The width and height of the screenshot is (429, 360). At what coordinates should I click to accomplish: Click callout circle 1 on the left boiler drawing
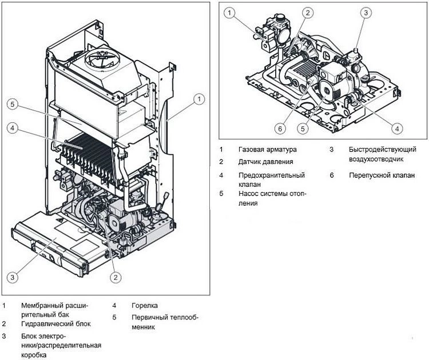tap(198, 99)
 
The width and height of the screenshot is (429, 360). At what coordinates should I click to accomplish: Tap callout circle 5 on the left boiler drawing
tap(14, 105)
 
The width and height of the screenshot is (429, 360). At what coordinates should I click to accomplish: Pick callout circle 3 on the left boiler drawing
tap(14, 277)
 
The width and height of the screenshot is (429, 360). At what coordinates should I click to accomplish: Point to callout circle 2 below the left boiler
tap(116, 277)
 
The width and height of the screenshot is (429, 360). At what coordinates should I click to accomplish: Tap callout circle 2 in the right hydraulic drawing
tap(307, 12)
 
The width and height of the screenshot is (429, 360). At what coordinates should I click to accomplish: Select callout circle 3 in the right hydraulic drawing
tap(367, 11)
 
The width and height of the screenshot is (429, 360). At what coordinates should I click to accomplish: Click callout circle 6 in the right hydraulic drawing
tap(279, 129)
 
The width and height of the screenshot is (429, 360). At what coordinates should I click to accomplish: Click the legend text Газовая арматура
tap(267, 150)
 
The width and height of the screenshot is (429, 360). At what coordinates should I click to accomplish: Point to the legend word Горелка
tap(144, 305)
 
